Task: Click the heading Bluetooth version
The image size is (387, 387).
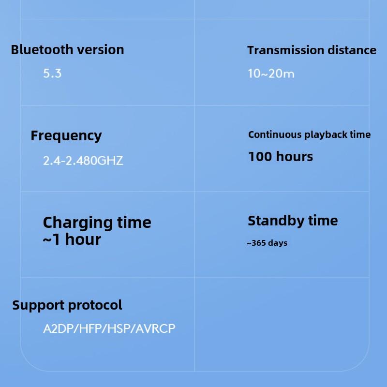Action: tap(67, 49)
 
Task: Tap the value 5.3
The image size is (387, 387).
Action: tap(52, 74)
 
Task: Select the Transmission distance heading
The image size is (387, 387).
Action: tap(312, 50)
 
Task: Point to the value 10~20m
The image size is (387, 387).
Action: tap(271, 74)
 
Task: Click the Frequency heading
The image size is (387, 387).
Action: tap(66, 136)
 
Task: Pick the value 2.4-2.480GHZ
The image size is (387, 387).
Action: tap(83, 161)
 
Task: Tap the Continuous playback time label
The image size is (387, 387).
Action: tap(309, 134)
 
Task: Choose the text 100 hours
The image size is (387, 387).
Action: tap(281, 157)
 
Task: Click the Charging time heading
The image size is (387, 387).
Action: tap(97, 223)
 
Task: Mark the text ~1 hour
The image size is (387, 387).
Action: tap(72, 239)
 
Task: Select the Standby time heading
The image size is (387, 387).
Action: tap(293, 221)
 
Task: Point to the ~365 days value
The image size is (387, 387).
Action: tap(267, 243)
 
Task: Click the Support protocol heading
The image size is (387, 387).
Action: tap(67, 305)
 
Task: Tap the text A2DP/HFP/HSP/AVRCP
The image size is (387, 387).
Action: tap(109, 329)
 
